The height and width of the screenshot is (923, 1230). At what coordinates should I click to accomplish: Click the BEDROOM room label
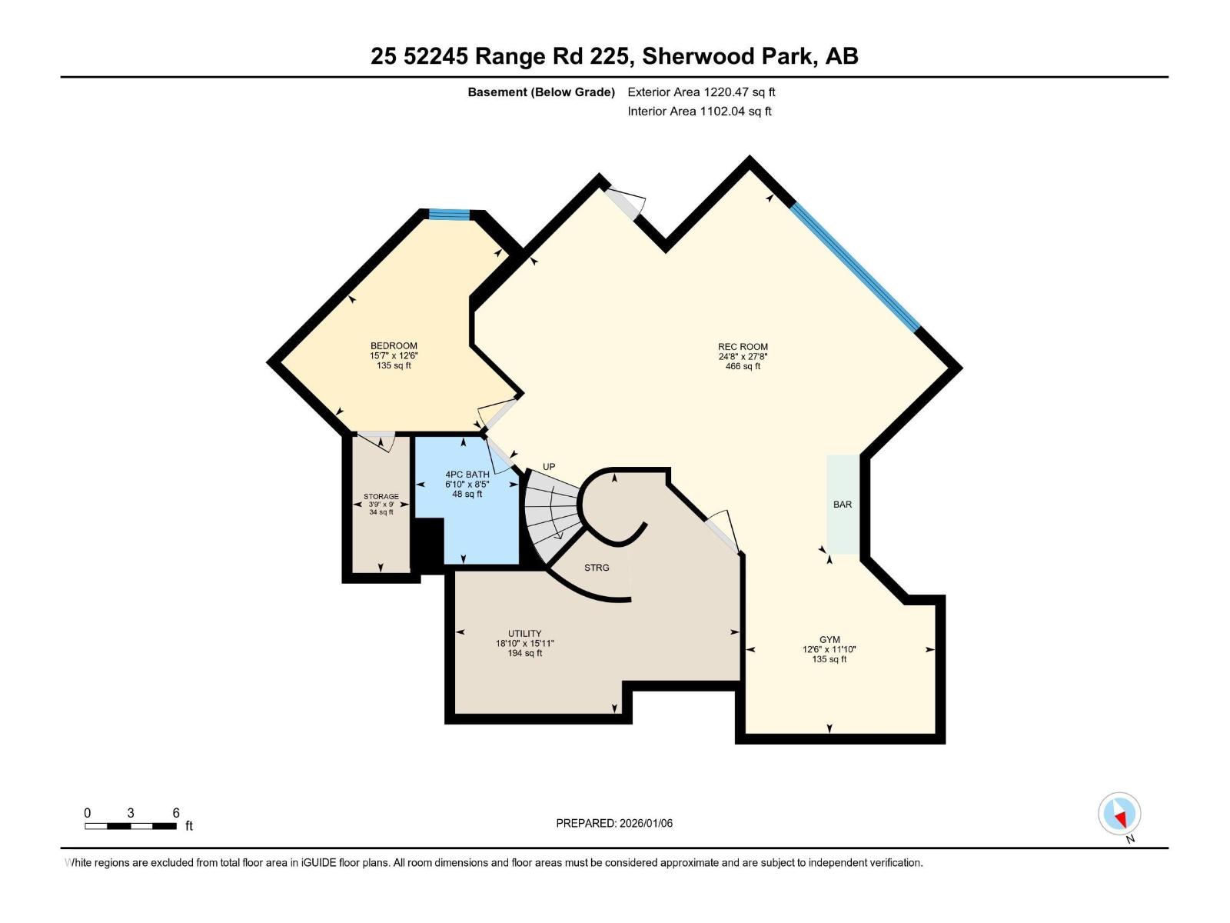[x=394, y=346]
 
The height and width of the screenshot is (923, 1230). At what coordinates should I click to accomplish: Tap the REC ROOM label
[x=743, y=346]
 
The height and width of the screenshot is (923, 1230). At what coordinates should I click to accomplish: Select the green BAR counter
[x=843, y=505]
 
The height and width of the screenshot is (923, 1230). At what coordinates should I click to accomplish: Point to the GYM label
[x=829, y=639]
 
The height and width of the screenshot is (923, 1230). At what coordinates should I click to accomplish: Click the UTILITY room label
[x=524, y=634]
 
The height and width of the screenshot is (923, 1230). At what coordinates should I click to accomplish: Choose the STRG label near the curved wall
[x=597, y=568]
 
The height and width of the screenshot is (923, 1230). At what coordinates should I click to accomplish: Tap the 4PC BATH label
[x=467, y=474]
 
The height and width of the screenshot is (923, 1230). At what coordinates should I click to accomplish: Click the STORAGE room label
[x=381, y=497]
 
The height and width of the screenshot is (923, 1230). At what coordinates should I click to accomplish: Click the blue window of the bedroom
[x=450, y=214]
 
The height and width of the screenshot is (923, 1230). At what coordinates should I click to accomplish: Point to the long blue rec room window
[x=855, y=267]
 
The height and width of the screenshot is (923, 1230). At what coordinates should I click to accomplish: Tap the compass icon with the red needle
[x=1119, y=814]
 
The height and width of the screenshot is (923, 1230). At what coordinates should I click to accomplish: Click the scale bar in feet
[x=131, y=826]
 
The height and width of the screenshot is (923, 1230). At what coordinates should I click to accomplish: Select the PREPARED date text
[x=614, y=823]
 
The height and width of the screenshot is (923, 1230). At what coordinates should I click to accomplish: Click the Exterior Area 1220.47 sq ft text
[x=701, y=92]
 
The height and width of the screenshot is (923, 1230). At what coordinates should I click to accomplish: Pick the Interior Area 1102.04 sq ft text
[x=700, y=111]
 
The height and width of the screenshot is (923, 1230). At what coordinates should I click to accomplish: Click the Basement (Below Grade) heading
[x=541, y=92]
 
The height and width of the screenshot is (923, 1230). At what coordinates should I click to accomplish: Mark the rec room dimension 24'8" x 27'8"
[x=743, y=356]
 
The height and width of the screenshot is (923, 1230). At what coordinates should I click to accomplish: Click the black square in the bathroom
[x=427, y=545]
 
